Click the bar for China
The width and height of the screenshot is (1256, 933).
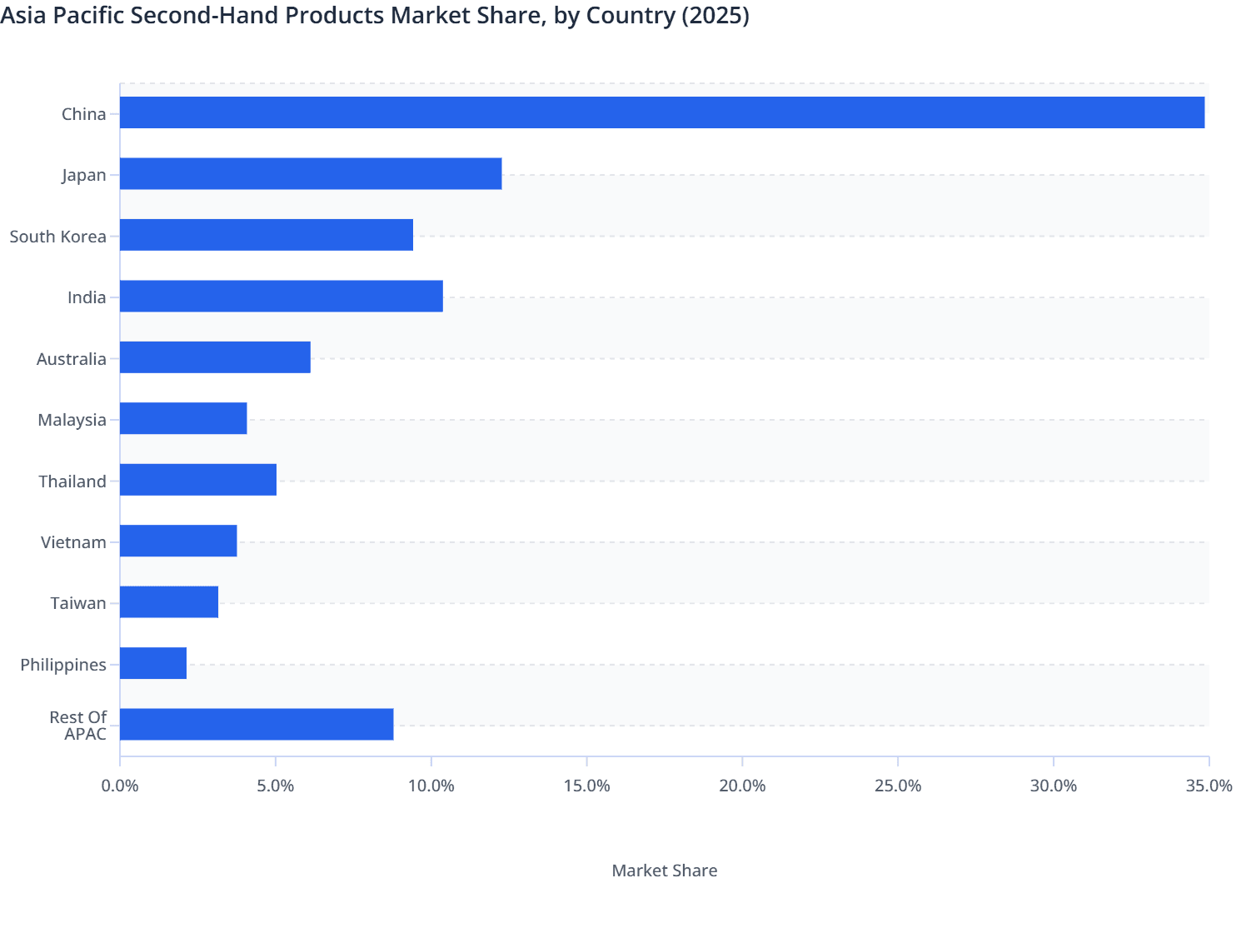(662, 112)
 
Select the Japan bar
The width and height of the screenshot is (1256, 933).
(311, 174)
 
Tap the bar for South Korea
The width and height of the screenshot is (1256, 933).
(267, 235)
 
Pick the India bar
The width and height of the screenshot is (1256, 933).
(282, 297)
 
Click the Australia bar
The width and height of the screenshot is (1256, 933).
(215, 357)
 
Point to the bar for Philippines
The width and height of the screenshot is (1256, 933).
(153, 663)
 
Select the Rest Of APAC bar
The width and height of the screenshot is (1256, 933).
(257, 725)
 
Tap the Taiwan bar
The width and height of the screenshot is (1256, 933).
(169, 602)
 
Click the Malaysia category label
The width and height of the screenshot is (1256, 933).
(72, 420)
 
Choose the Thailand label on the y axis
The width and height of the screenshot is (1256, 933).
(72, 481)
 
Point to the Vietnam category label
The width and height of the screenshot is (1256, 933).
(73, 542)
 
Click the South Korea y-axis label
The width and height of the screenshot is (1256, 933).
(57, 237)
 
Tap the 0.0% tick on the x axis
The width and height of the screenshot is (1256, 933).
(120, 786)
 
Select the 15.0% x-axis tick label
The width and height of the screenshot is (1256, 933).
(586, 786)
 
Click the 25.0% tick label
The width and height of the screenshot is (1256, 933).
(898, 786)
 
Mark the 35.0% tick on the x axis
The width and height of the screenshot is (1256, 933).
(1209, 786)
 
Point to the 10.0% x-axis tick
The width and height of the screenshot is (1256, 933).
(431, 786)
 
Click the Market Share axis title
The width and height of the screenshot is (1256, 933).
(664, 871)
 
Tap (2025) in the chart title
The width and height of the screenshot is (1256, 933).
(715, 16)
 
